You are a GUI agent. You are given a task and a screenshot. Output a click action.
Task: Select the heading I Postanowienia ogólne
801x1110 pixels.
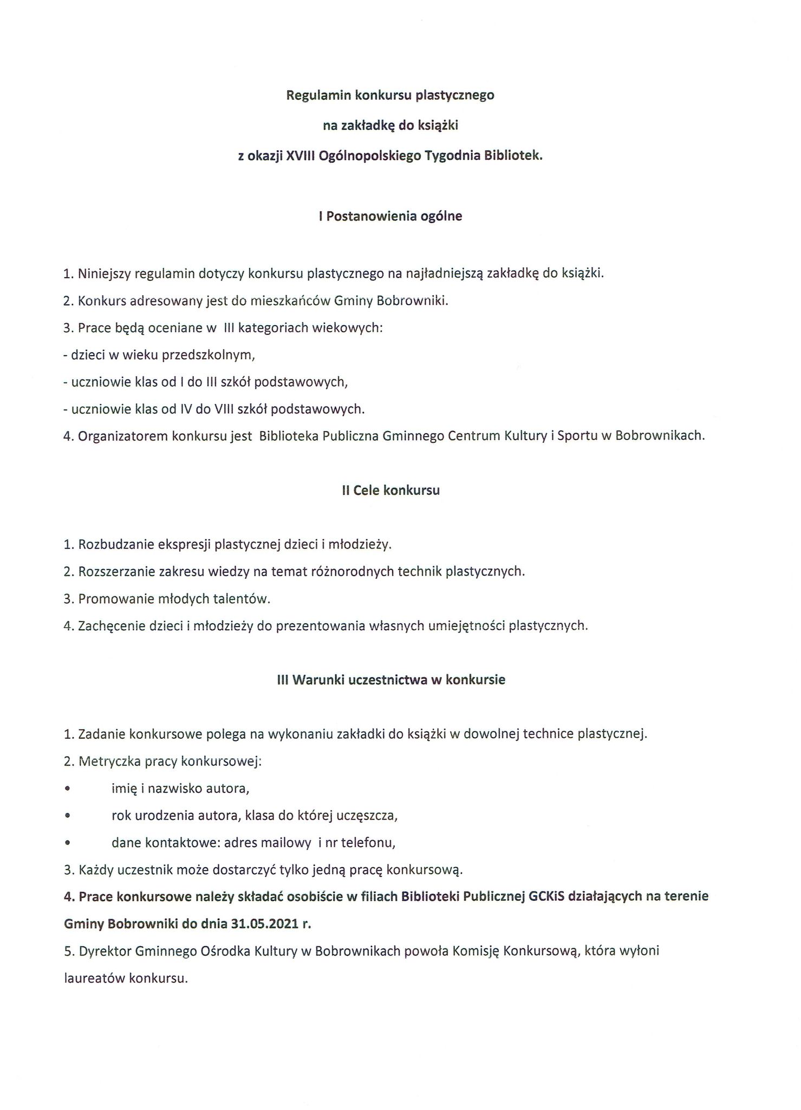pyautogui.click(x=390, y=216)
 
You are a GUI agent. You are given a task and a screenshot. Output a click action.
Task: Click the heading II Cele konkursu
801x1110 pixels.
pyautogui.click(x=390, y=491)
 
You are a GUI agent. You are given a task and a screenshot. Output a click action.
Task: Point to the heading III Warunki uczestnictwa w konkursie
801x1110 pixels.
pyautogui.click(x=390, y=680)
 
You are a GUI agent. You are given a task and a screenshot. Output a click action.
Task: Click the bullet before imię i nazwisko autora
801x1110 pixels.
pyautogui.click(x=67, y=789)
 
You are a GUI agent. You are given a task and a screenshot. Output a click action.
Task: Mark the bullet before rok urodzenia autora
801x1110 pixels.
pyautogui.click(x=67, y=816)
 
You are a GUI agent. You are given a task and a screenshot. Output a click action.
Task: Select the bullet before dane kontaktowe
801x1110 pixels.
pyautogui.click(x=67, y=843)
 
